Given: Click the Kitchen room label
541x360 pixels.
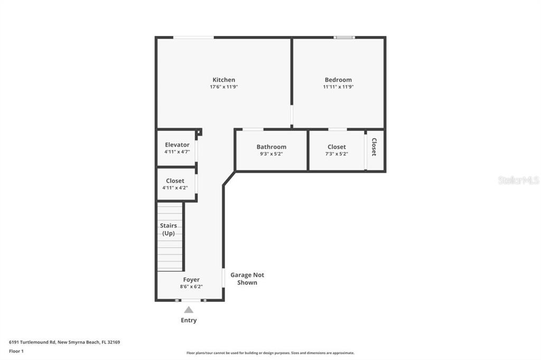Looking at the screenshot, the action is pos(223,80).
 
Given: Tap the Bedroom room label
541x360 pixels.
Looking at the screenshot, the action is pos(338,80).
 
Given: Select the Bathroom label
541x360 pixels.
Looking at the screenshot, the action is pos(271,147).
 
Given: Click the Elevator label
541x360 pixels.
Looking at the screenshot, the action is pos(177,145).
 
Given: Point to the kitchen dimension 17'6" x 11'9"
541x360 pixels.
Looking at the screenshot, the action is pos(223,87).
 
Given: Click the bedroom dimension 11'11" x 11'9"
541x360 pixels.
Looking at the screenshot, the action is pos(338,87).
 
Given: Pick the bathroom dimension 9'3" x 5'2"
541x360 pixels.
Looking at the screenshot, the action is pos(271,154).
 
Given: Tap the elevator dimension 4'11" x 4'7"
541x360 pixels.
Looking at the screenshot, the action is pos(177,151).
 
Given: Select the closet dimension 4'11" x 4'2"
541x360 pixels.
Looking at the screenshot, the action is pos(175,188).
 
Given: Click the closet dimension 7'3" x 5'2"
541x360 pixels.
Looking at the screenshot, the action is pos(337,154).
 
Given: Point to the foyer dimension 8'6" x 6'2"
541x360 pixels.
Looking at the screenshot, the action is pos(191,287).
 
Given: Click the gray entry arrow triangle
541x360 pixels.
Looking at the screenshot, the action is pos(189,310).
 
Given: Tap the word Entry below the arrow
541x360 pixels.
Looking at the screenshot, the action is pos(189,320).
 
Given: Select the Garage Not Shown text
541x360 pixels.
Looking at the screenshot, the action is pos(247,279).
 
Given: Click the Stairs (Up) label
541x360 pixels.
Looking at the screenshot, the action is pos(169,229).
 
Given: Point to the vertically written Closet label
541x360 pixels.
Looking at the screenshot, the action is pos(374,147).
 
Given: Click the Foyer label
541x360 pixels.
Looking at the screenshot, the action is pos(191,280).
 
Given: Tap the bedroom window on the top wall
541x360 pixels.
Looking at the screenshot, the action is pos(344,37).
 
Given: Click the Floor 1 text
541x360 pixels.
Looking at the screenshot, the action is pos(16,352).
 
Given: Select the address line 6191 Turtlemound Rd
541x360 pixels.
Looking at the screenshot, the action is pos(32,343).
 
